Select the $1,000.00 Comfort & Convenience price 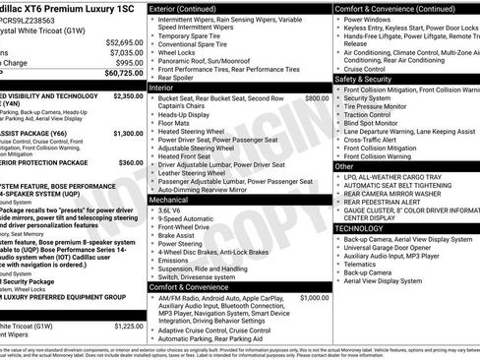point(314,270)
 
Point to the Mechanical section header point(172,199)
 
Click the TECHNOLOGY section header point(359,228)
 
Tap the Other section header point(344,167)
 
